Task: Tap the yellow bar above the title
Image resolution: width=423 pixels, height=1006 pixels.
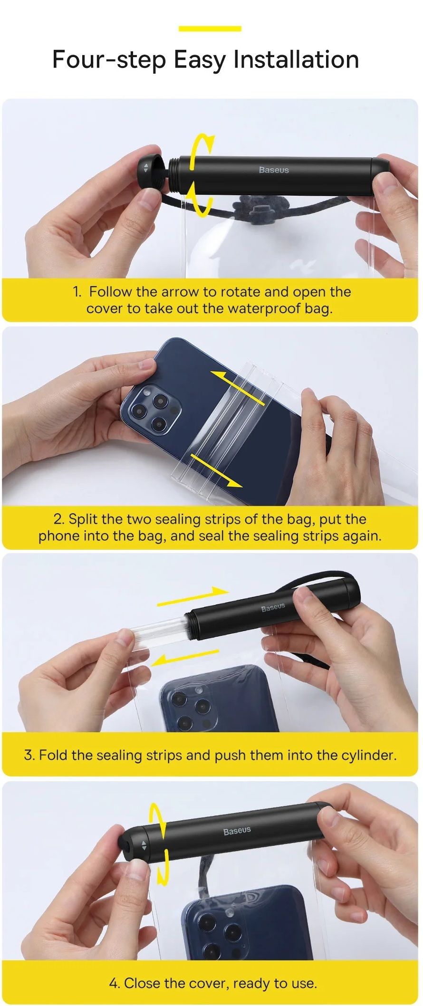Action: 210,29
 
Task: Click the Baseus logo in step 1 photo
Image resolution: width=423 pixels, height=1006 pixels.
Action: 274,170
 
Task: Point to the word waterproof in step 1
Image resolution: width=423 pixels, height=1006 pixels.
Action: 264,309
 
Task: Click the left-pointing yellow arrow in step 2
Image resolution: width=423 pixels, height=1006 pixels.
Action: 237,387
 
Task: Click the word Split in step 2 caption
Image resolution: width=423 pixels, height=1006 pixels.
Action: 84,519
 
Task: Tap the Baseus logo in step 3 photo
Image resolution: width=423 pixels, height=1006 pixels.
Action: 273,607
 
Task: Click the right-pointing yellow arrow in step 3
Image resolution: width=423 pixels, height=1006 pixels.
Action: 193,596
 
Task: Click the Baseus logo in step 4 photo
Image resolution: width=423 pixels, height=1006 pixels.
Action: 237,831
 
